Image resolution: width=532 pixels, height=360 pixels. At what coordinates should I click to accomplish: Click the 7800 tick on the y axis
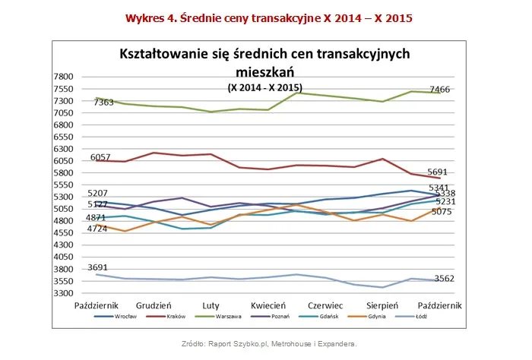click(x=63, y=77)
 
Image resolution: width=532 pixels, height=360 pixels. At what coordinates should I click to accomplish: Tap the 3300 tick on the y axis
click(x=63, y=293)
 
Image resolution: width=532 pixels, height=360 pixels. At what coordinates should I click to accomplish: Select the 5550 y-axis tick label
click(x=63, y=185)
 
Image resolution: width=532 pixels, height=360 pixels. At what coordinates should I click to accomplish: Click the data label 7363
click(x=104, y=102)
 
